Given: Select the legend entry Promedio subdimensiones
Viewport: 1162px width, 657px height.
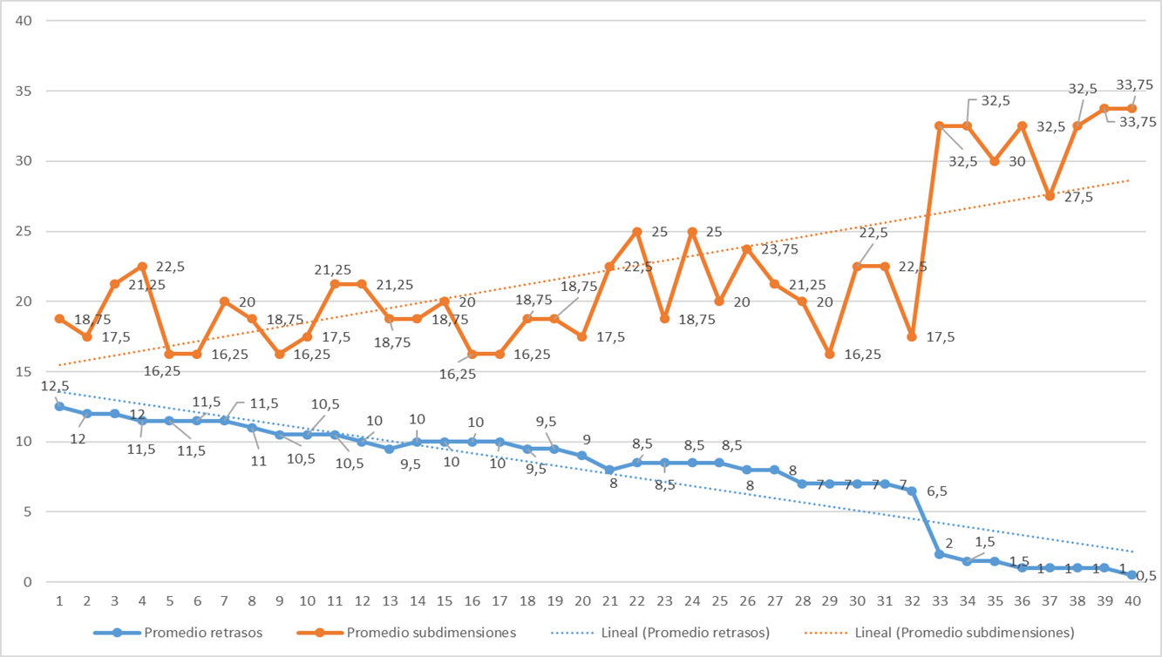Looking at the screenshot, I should [x=432, y=632].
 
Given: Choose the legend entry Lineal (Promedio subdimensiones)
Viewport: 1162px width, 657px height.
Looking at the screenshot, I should [x=964, y=632].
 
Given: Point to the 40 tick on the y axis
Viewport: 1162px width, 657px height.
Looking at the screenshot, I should [x=24, y=21].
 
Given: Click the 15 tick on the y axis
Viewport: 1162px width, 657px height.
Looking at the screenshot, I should [x=24, y=372].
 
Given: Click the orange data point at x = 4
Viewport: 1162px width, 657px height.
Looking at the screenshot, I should [x=142, y=267].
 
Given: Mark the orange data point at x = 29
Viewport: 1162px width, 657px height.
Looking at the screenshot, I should [x=829, y=354].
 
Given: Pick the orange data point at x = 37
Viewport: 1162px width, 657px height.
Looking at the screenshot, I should [x=1050, y=196].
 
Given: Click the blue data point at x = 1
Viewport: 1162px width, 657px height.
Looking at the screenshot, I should [x=59, y=406].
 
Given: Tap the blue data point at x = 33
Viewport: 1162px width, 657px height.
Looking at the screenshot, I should [x=940, y=554].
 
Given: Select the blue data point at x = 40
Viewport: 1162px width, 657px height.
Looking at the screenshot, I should [x=1132, y=575].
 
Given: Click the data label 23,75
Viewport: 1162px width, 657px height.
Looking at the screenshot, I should [x=780, y=249].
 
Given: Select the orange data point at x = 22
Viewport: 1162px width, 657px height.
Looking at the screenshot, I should [x=637, y=232].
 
